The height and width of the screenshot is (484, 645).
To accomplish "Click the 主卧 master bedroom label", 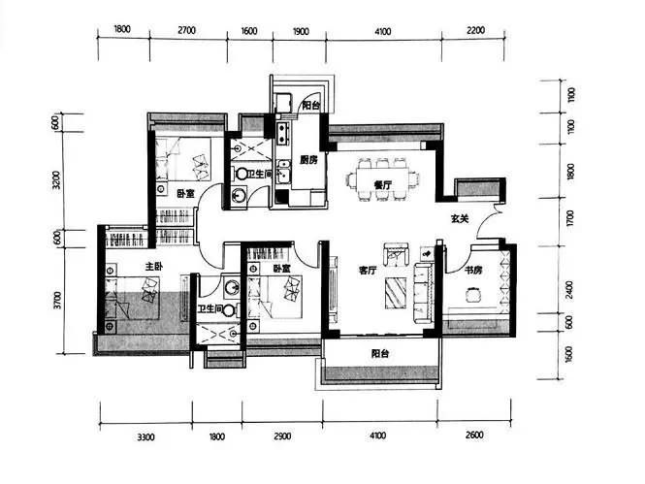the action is pyautogui.click(x=154, y=267).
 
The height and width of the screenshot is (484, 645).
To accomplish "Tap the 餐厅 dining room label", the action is pyautogui.click(x=382, y=185).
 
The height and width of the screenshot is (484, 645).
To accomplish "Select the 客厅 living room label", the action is pyautogui.click(x=368, y=271).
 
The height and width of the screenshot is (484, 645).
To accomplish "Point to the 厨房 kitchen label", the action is pyautogui.click(x=308, y=160).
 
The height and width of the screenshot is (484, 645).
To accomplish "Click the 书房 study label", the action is pyautogui.click(x=473, y=271).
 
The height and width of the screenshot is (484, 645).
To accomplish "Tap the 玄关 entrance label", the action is pyautogui.click(x=460, y=219).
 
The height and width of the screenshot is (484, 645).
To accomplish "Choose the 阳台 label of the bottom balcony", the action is pyautogui.click(x=380, y=353).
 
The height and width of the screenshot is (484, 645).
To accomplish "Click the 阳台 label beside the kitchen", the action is pyautogui.click(x=311, y=106).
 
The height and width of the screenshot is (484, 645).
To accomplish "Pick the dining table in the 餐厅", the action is pyautogui.click(x=382, y=179).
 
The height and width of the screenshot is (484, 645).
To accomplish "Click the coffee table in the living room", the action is pyautogui.click(x=396, y=293).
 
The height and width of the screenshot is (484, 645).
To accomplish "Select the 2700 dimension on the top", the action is pyautogui.click(x=187, y=30).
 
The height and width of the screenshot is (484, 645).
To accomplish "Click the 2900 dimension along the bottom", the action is pyautogui.click(x=282, y=436).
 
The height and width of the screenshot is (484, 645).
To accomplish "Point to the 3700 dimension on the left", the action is pyautogui.click(x=57, y=300).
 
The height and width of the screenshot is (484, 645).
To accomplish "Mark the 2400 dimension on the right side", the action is pyautogui.click(x=569, y=290).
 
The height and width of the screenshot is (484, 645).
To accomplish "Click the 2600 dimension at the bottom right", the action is pyautogui.click(x=474, y=436).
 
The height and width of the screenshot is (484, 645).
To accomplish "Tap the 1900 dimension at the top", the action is pyautogui.click(x=300, y=32).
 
